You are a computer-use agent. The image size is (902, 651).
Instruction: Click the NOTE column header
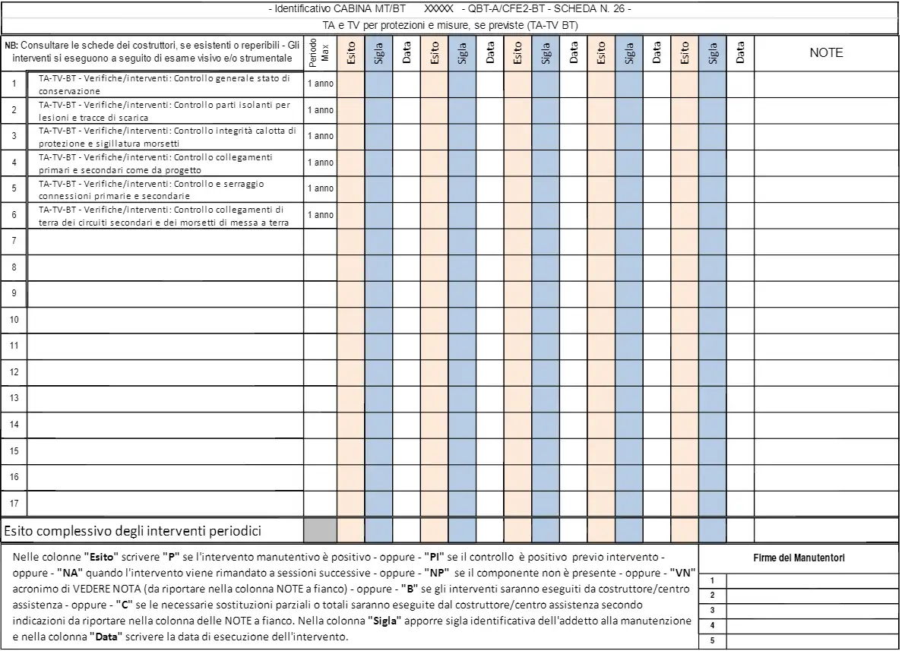[826, 53]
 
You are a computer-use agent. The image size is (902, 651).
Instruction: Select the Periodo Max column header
[320, 53]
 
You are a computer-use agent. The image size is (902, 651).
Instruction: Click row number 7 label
[14, 241]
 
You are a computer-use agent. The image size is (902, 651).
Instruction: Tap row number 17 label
[14, 503]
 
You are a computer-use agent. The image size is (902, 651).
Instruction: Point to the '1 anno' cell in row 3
[320, 136]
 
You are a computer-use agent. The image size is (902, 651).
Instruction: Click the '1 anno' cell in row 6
[320, 215]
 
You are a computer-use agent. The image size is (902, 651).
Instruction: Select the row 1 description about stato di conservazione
[164, 84]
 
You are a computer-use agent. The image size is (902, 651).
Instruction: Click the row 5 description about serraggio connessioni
[164, 189]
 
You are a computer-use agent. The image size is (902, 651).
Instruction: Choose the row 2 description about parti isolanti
[164, 110]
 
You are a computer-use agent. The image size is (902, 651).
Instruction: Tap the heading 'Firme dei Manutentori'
[799, 558]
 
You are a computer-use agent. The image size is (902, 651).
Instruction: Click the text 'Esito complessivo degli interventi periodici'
[138, 529]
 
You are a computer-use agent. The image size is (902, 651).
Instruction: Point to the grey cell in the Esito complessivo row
[320, 529]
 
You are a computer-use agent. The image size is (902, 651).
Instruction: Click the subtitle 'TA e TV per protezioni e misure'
[449, 25]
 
